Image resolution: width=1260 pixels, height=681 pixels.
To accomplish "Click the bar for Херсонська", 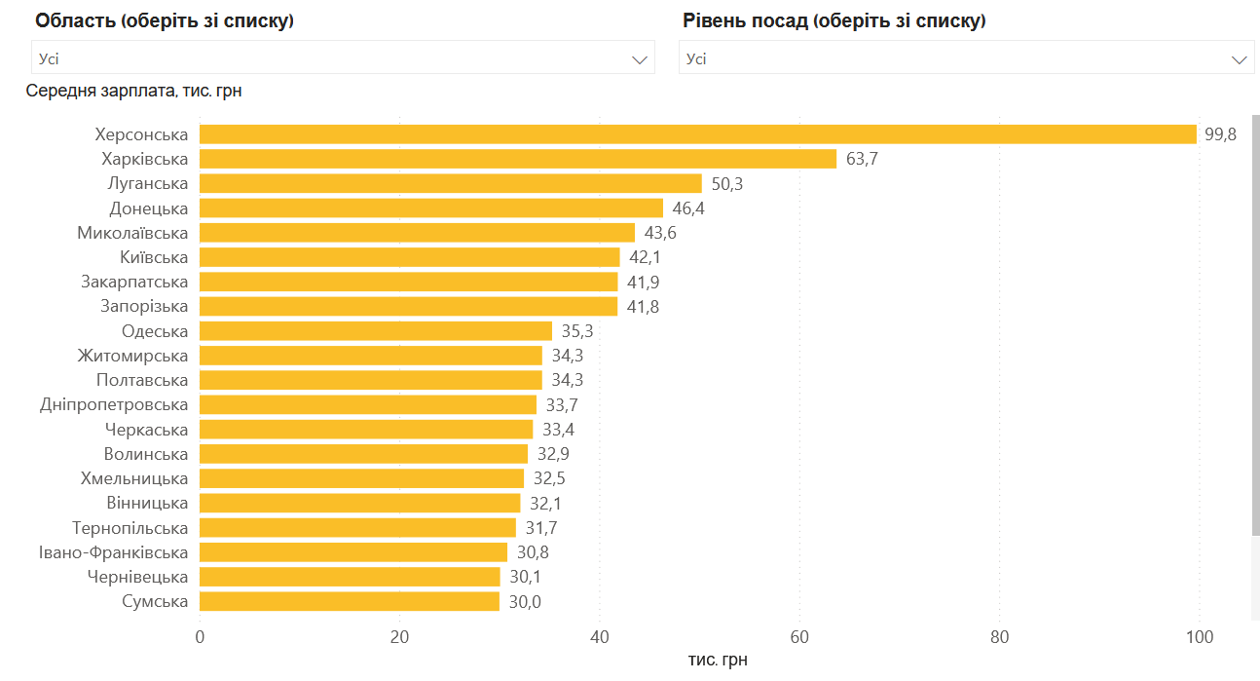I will (x=697, y=134).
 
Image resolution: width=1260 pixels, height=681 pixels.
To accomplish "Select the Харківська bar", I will (x=518, y=159).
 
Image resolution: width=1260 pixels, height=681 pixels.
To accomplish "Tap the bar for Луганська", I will (x=450, y=183).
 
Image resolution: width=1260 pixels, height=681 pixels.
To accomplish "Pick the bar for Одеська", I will (x=376, y=331).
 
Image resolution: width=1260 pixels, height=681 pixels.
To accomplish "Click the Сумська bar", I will (x=350, y=601).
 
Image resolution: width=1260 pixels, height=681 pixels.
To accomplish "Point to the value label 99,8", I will (x=1220, y=134).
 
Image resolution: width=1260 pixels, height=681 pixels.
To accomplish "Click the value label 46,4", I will (x=688, y=208).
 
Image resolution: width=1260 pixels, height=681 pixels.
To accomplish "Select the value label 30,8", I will (x=533, y=552).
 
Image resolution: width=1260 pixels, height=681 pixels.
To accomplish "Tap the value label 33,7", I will (x=562, y=404).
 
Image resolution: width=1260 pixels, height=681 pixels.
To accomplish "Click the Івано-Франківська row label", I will (x=113, y=552).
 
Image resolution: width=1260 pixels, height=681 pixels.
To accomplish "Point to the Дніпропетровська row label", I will (x=114, y=404).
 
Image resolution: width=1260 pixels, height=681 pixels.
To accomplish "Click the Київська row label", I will (x=154, y=257).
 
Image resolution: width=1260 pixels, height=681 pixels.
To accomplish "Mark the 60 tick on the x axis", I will (x=799, y=637).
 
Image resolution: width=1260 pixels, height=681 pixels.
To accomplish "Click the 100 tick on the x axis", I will (x=1200, y=637).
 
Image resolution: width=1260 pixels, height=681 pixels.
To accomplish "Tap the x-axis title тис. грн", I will (x=718, y=661).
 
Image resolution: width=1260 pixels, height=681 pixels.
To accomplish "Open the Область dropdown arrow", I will (x=640, y=59).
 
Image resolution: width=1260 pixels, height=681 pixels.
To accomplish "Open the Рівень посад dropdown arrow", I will (x=1240, y=59).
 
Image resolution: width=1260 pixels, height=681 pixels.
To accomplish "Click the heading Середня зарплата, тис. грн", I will (x=133, y=92).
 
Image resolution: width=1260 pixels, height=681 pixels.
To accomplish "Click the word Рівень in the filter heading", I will (x=715, y=20).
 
